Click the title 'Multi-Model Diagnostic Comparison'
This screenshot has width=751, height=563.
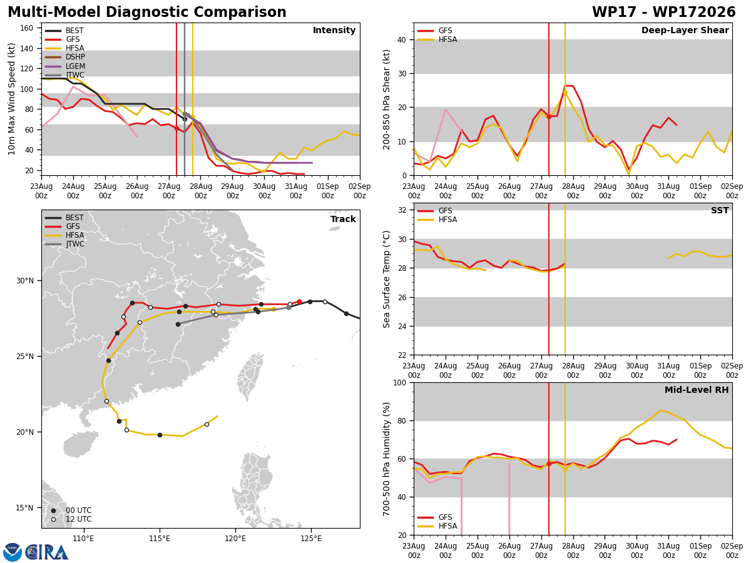pyautogui.click(x=147, y=13)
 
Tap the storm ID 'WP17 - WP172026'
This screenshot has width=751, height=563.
pyautogui.click(x=664, y=13)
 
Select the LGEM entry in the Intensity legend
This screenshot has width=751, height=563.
pyautogui.click(x=65, y=66)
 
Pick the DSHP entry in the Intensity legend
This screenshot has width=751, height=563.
pyautogui.click(x=65, y=57)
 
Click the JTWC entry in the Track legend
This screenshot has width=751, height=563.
pyautogui.click(x=64, y=244)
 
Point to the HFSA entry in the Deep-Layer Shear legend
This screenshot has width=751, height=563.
pyautogui.click(x=437, y=39)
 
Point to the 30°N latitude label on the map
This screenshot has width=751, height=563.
pyautogui.click(x=25, y=281)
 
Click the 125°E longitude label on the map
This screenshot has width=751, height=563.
pyautogui.click(x=311, y=539)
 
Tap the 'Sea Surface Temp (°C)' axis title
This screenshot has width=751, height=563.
pyautogui.click(x=386, y=279)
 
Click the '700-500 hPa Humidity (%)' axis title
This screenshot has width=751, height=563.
pyautogui.click(x=386, y=459)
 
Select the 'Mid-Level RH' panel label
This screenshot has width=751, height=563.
pyautogui.click(x=697, y=390)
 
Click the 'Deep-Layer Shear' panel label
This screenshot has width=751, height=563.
pyautogui.click(x=685, y=31)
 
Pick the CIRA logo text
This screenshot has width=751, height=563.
pyautogui.click(x=47, y=553)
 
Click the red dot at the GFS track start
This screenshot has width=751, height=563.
pyautogui.click(x=299, y=302)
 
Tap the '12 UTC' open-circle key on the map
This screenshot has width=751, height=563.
pyautogui.click(x=71, y=519)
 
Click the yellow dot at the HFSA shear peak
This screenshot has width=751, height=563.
pyautogui.click(x=565, y=93)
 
